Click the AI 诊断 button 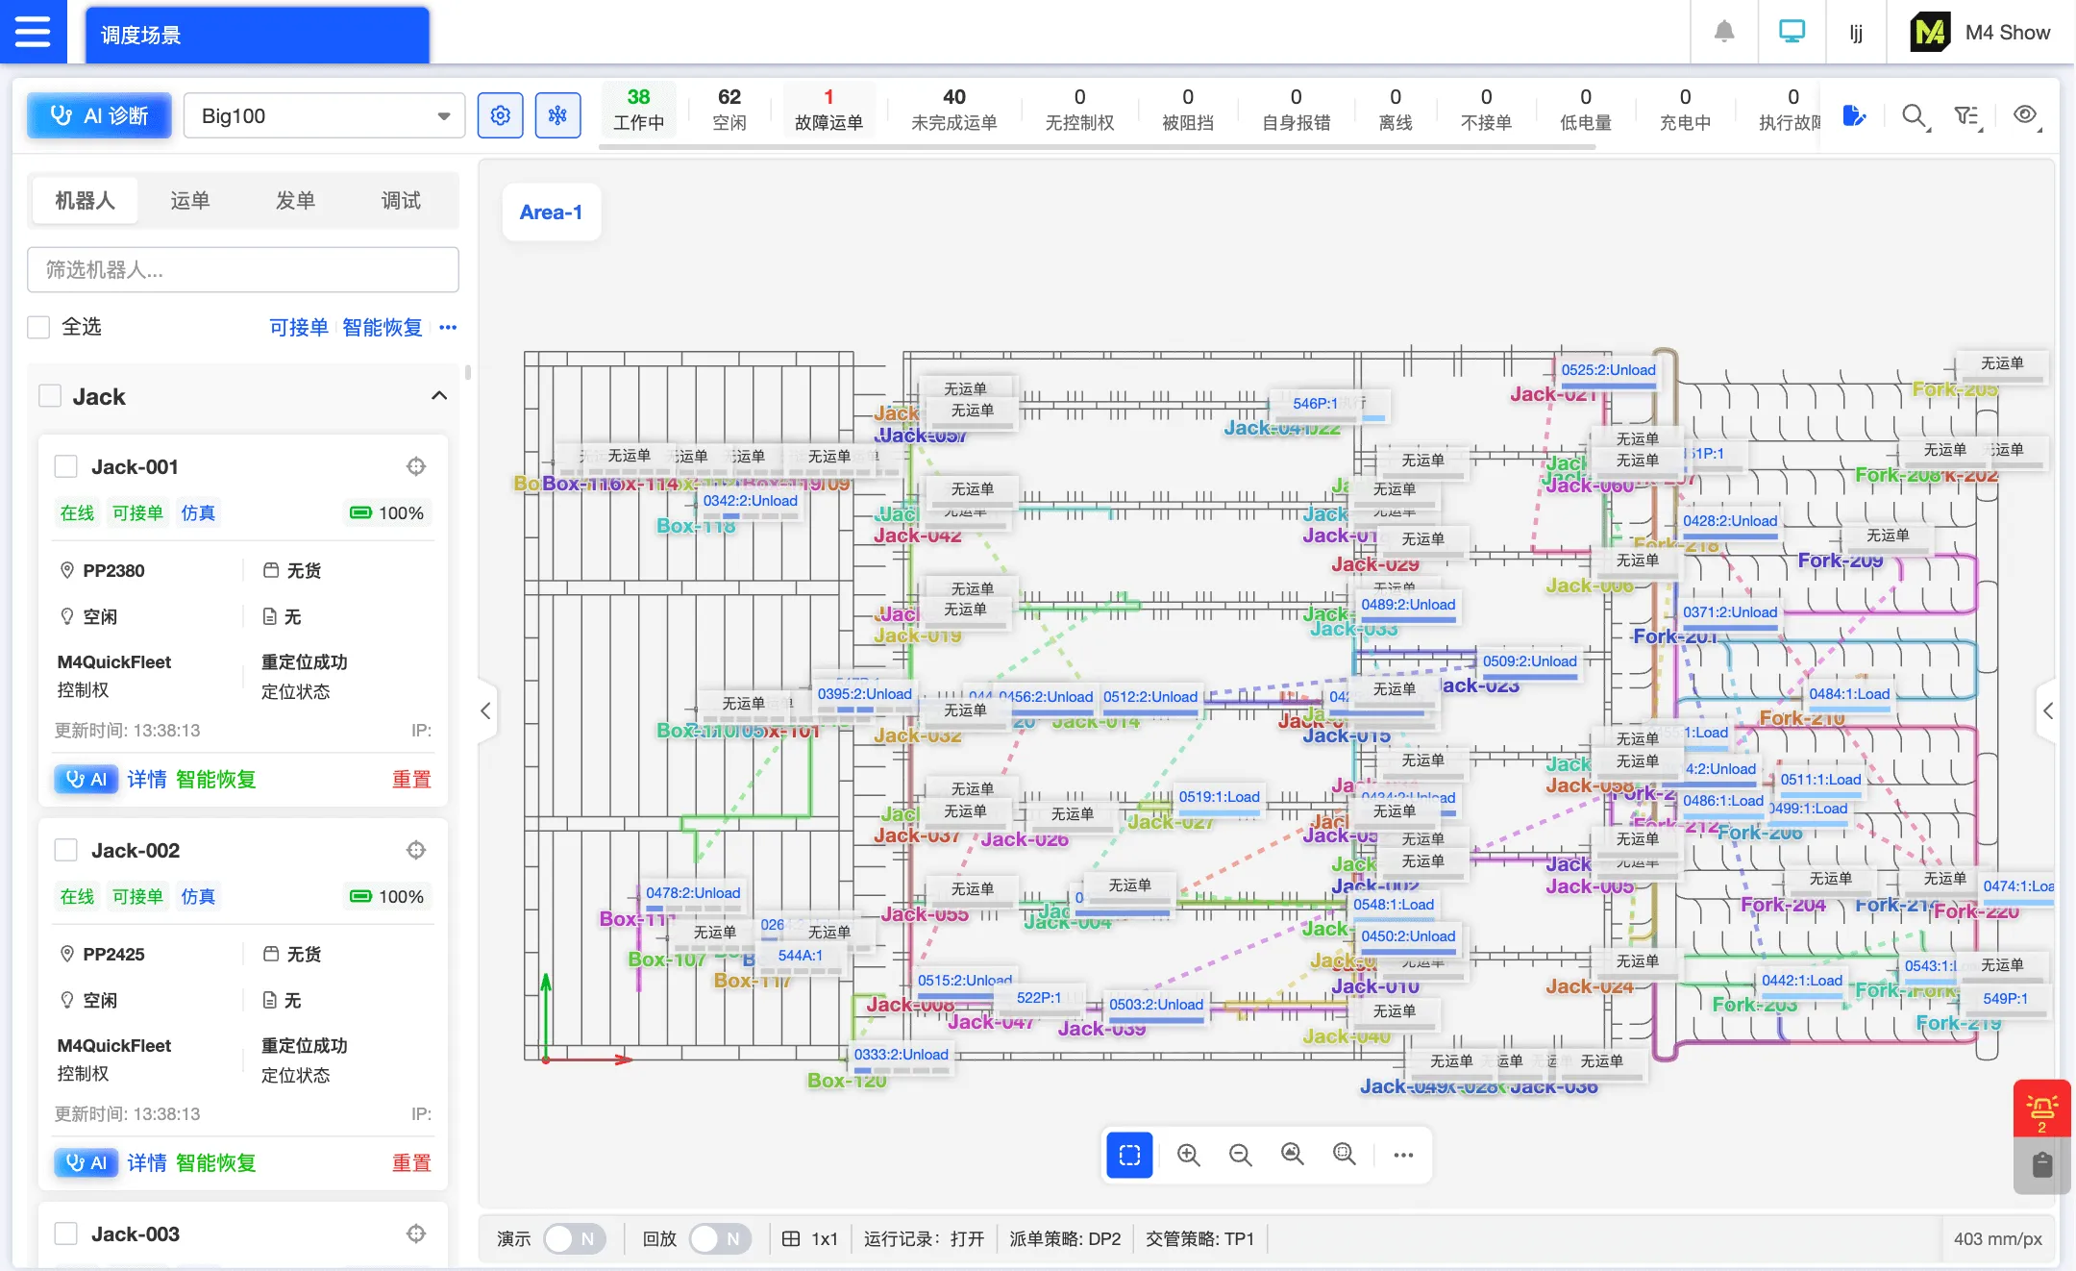(x=100, y=116)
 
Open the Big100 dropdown (x=324, y=116)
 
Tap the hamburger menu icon (x=33, y=32)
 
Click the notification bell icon (x=1724, y=32)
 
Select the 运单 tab (x=189, y=200)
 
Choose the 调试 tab (x=401, y=200)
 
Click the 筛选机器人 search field (x=242, y=270)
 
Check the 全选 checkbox (x=39, y=327)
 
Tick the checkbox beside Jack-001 (x=66, y=467)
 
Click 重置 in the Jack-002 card (x=411, y=1162)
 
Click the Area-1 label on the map (x=551, y=212)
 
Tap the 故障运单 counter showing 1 (x=828, y=110)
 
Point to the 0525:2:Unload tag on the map (x=1608, y=370)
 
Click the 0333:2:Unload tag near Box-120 (x=901, y=1055)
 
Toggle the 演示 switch (x=574, y=1238)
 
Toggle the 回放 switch (x=720, y=1238)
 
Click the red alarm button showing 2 (x=2041, y=1109)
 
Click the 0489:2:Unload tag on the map (x=1408, y=605)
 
